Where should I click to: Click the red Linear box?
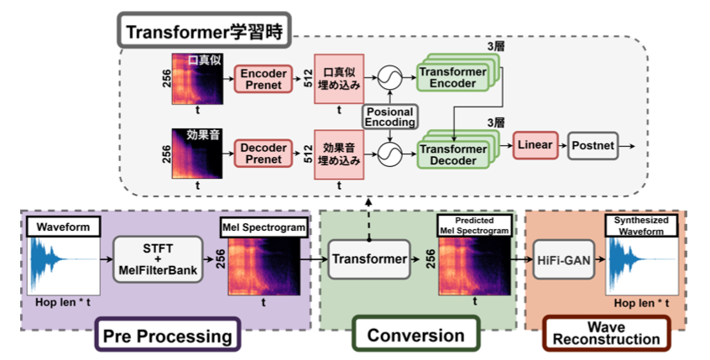tap(535, 146)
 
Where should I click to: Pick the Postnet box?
tap(593, 146)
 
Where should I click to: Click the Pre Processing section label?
tap(168, 336)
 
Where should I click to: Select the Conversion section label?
tap(416, 335)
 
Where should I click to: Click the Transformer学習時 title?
tap(206, 32)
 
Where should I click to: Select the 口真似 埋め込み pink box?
tap(338, 79)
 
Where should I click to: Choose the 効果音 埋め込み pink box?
tap(338, 154)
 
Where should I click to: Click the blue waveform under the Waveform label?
tap(63, 267)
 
